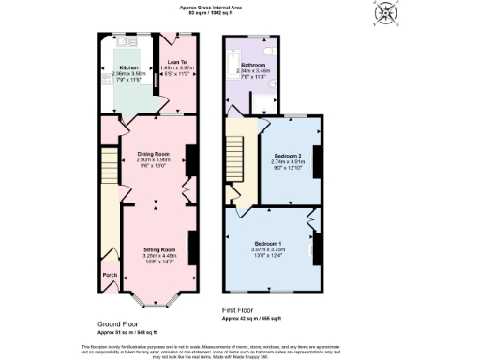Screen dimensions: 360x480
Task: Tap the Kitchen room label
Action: [127, 68]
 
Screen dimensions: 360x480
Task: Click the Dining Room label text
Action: [153, 153]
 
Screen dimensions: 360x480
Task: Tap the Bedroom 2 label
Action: [287, 155]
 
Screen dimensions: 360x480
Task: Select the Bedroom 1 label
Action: [267, 244]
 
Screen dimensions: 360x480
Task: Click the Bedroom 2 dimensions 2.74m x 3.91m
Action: [287, 161]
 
